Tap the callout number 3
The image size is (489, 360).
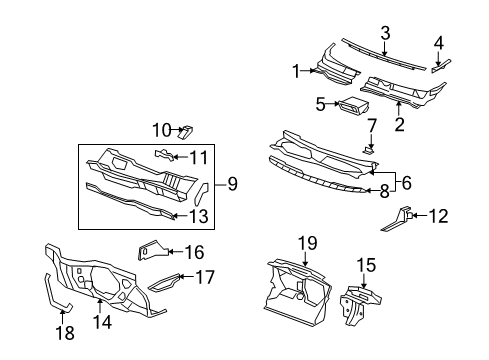tap(385, 34)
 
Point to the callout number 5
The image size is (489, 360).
tap(320, 103)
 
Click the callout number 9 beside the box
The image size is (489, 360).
tap(232, 183)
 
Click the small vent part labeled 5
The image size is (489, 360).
tap(353, 107)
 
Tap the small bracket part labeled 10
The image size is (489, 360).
tap(186, 130)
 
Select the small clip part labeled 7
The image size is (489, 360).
tap(370, 148)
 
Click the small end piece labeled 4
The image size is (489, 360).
tap(438, 67)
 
